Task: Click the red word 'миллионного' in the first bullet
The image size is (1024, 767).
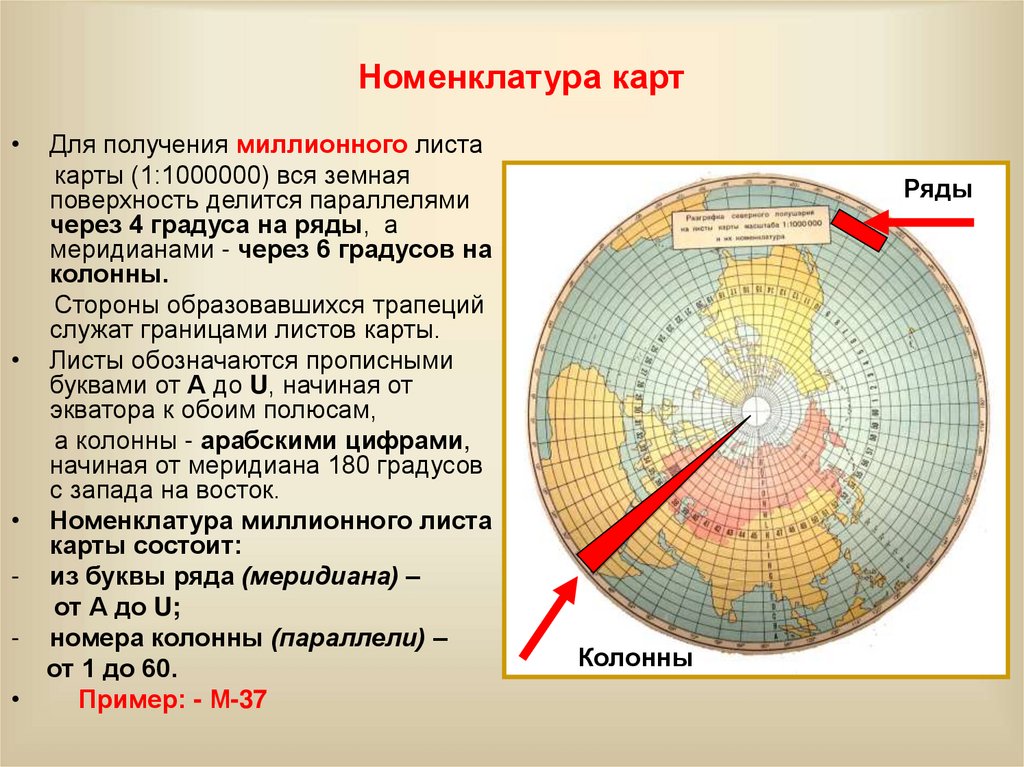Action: tap(322, 146)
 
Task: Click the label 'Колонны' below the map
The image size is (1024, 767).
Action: tap(635, 658)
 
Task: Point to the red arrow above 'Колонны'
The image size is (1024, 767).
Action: tap(548, 614)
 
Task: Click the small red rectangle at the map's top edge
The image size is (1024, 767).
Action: tap(859, 229)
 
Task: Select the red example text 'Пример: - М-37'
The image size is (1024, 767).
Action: tap(171, 700)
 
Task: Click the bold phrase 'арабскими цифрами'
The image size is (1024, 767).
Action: tap(330, 443)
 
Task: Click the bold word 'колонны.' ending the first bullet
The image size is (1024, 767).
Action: tap(108, 274)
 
